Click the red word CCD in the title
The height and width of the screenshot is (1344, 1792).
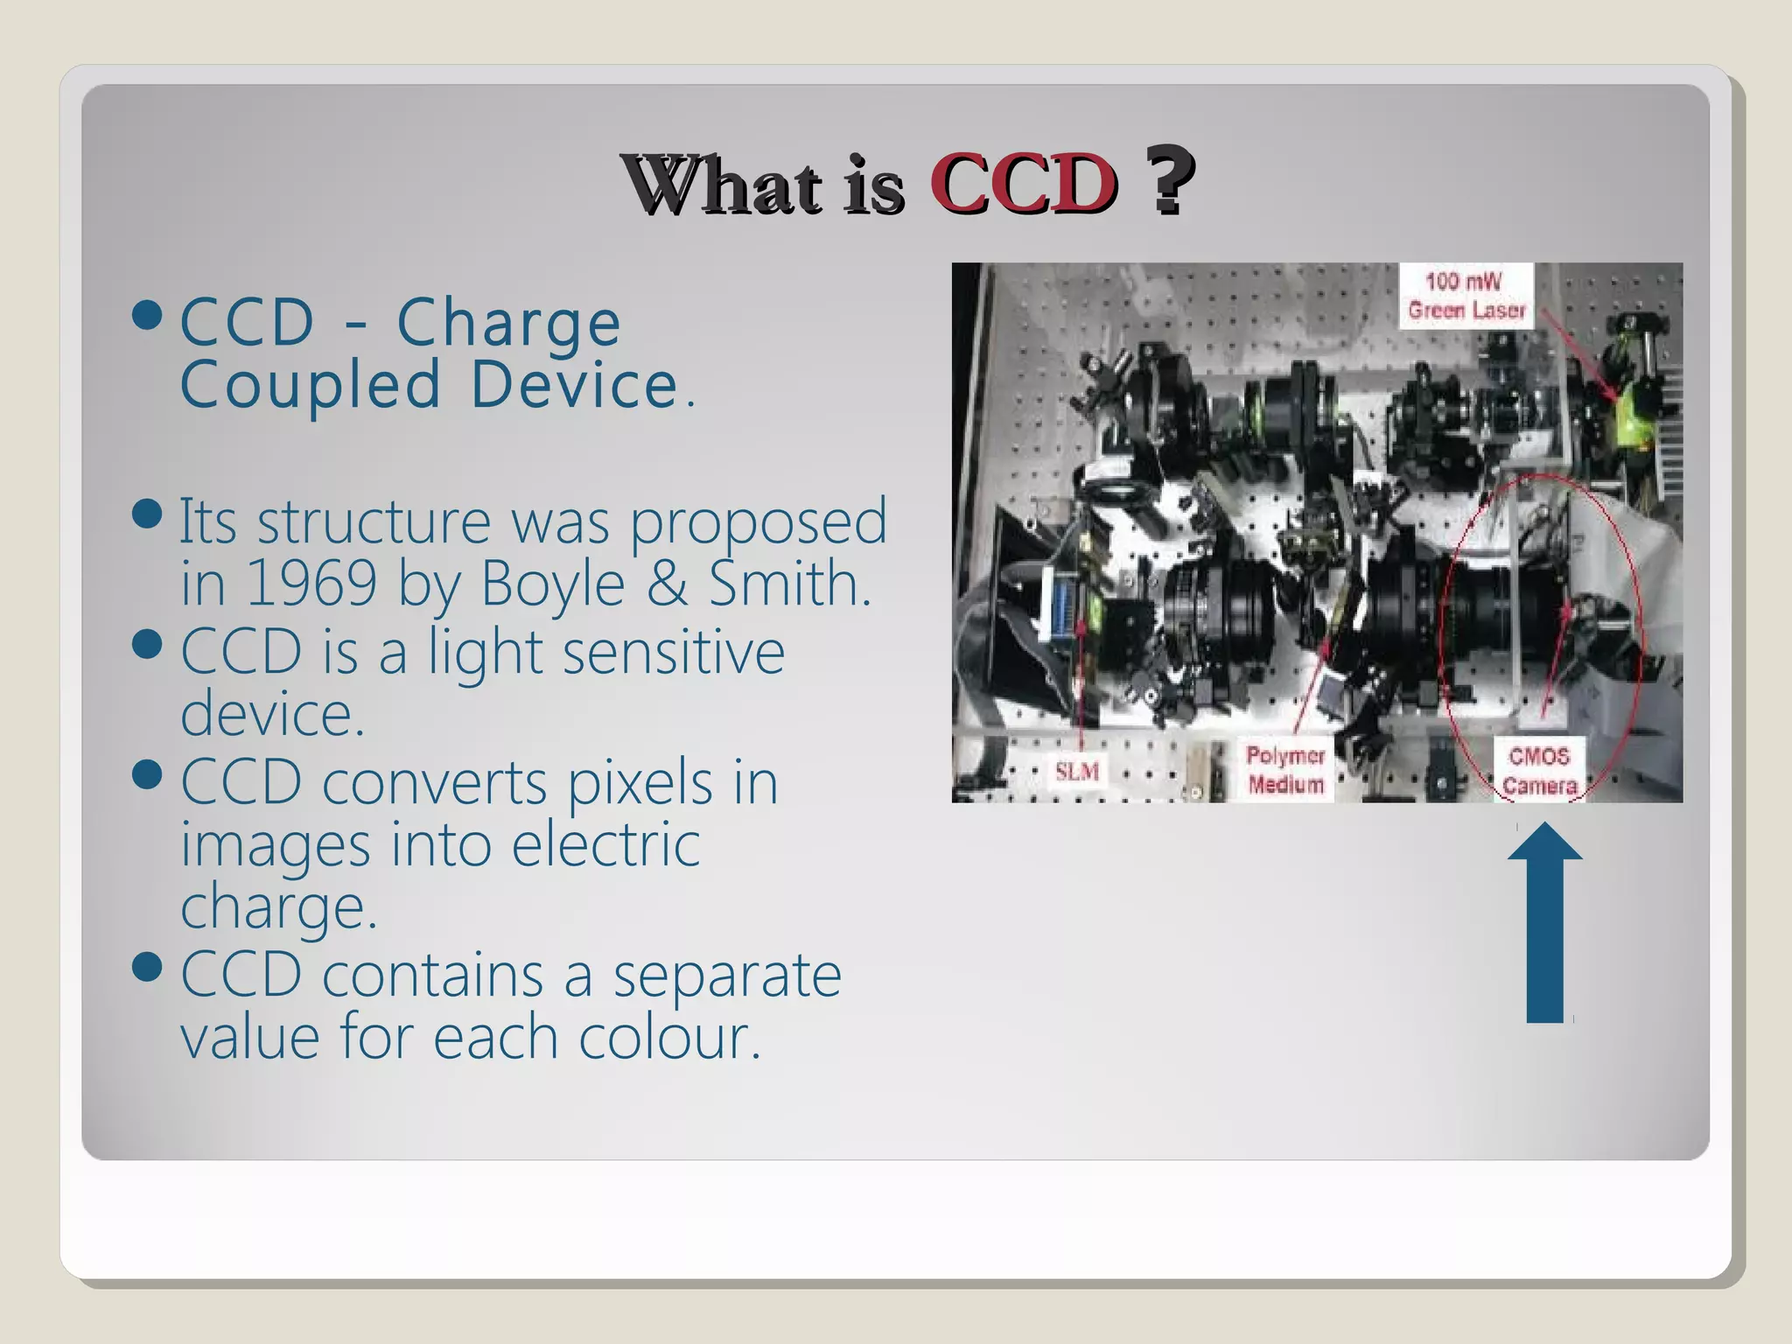pyautogui.click(x=1024, y=184)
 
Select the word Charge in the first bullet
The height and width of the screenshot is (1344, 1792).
pyautogui.click(x=508, y=324)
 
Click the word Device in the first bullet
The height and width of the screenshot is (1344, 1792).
pyautogui.click(x=575, y=385)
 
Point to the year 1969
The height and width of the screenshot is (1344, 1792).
pyautogui.click(x=311, y=583)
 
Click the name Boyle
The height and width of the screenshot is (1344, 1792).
pyautogui.click(x=553, y=584)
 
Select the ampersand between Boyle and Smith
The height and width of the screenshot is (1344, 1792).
pyautogui.click(x=666, y=583)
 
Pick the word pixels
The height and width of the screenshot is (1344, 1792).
pyautogui.click(x=640, y=783)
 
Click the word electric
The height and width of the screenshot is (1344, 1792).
pyautogui.click(x=605, y=844)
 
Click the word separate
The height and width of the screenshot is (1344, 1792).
pyautogui.click(x=726, y=976)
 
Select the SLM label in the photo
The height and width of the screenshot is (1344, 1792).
pyautogui.click(x=1076, y=772)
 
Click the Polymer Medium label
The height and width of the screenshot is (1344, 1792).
pyautogui.click(x=1285, y=770)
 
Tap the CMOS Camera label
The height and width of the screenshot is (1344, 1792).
pyautogui.click(x=1539, y=770)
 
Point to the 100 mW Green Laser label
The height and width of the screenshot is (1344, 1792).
pyautogui.click(x=1466, y=296)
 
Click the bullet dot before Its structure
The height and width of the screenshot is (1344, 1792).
pyautogui.click(x=148, y=514)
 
